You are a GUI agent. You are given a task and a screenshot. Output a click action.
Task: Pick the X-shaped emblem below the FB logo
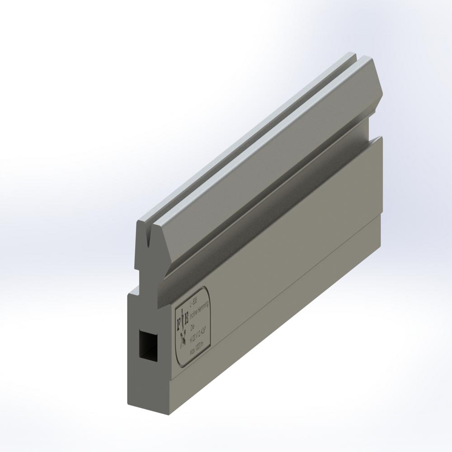pyautogui.click(x=183, y=337)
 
